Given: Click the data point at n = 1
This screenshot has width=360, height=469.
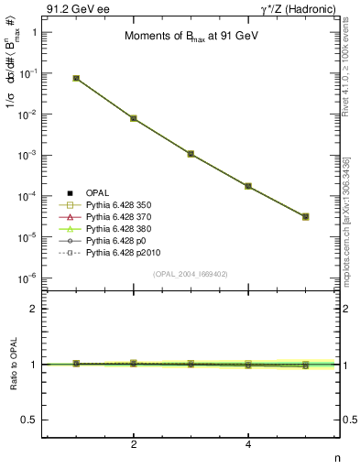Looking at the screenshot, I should pos(76,79).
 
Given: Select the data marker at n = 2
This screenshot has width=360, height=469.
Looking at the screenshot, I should pos(134,118).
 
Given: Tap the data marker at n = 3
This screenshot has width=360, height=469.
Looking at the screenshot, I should pos(191,154).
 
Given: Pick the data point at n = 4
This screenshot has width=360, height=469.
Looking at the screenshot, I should pos(248,186).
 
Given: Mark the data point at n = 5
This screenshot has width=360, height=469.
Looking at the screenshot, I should pos(305,217).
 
